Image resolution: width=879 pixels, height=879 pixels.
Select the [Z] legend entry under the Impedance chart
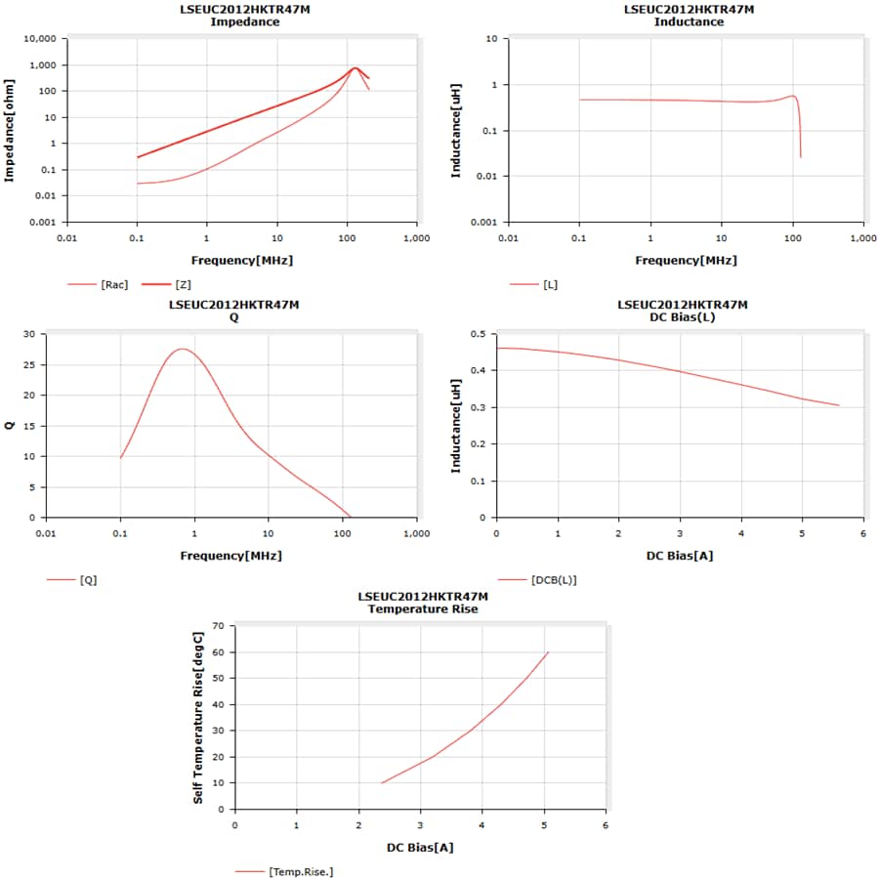coord(183,284)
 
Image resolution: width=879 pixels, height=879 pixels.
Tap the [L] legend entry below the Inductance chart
coord(549,284)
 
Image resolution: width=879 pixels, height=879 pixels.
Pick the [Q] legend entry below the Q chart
coord(88,579)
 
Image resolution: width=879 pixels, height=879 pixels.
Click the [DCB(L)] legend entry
coord(553,579)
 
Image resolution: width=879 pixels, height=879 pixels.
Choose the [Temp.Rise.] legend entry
coord(300,871)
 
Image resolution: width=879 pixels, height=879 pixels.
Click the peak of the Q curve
coord(182,349)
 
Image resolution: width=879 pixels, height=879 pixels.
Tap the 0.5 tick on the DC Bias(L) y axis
coord(479,334)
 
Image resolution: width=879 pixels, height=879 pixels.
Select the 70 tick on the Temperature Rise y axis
coord(218,625)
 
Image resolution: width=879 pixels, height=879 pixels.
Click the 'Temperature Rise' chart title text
coord(422,608)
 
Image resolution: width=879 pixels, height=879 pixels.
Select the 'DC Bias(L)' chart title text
coord(683,316)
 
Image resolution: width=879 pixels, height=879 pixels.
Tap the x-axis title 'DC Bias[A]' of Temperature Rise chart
coord(420,847)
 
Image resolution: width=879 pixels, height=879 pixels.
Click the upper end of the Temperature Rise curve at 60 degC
coord(548,652)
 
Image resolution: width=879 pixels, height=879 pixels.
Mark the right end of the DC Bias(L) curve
coord(839,405)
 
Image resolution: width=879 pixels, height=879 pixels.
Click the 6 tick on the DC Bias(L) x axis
coord(862,533)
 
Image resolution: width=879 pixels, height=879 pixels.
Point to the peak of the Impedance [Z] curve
coord(356,68)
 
